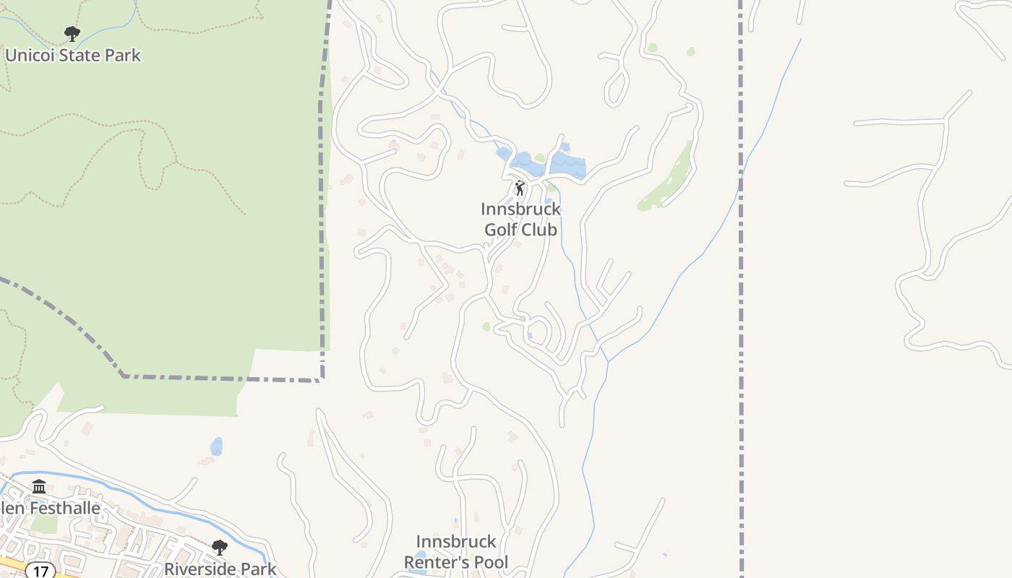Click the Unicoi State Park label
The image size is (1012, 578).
point(73,55)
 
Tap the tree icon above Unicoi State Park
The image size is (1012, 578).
point(72,33)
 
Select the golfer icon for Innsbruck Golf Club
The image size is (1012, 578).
point(519,189)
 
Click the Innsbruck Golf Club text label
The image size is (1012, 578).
point(520,220)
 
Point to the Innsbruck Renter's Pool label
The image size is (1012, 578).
point(456,552)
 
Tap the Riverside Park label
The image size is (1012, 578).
point(220,569)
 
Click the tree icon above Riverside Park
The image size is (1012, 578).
point(219,548)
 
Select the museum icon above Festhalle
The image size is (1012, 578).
point(39,487)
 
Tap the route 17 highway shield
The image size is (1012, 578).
point(40,571)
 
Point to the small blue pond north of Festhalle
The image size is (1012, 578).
point(216,446)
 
